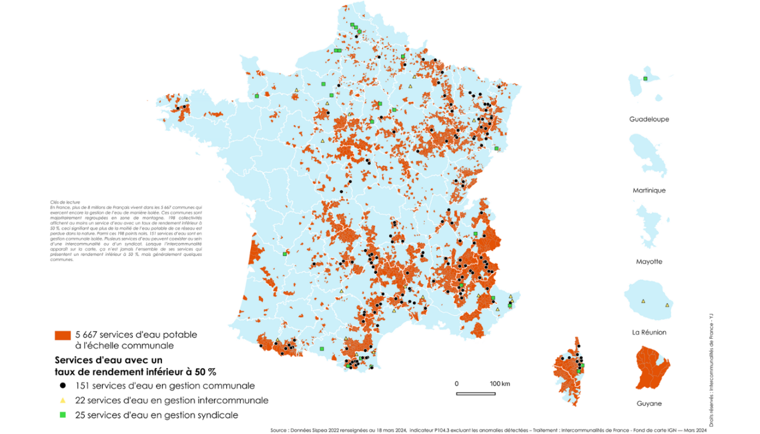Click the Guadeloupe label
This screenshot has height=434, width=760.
[649, 119]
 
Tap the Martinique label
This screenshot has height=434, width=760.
[649, 190]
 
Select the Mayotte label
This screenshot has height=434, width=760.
[649, 262]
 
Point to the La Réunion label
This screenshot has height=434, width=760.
[649, 332]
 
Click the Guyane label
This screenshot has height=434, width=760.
[649, 404]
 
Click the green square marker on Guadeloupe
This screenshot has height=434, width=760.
[645, 78]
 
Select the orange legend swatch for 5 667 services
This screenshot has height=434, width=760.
[63, 335]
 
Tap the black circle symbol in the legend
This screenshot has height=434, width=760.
[62, 386]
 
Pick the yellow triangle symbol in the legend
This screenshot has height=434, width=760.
[62, 400]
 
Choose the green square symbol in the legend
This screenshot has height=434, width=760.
[62, 415]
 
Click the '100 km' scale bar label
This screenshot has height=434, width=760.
[499, 384]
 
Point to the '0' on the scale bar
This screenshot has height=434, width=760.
[457, 384]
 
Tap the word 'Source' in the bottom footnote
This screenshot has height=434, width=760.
[278, 430]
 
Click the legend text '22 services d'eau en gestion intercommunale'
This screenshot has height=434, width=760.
[172, 400]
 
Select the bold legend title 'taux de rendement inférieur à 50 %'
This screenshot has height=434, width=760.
[136, 371]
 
